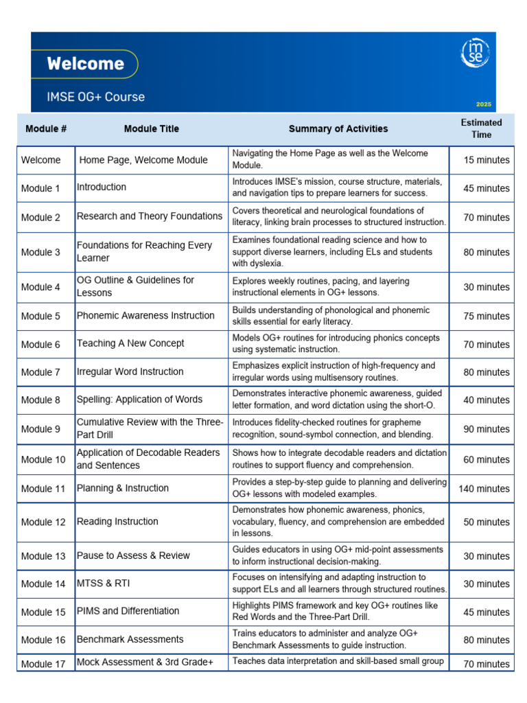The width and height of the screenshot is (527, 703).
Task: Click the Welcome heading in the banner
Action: [x=85, y=65]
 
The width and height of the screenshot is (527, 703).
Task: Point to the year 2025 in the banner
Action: [x=483, y=104]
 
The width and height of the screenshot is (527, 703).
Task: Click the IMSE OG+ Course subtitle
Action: [x=95, y=97]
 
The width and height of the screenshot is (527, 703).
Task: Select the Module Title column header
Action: [x=151, y=128]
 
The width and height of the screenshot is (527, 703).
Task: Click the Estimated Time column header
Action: [x=481, y=128]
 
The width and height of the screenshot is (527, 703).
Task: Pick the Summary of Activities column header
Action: [x=338, y=128]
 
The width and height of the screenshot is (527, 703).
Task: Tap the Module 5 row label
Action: [x=40, y=316]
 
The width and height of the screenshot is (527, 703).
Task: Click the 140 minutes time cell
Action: [x=484, y=489]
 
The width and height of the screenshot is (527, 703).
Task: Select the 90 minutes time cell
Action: [x=486, y=429]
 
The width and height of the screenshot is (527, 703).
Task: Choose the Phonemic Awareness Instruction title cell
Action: [x=145, y=316]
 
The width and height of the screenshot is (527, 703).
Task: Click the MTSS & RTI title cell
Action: [x=103, y=584]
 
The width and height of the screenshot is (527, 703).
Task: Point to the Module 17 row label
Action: [x=43, y=664]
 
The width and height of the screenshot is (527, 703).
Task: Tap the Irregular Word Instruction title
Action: [x=130, y=371]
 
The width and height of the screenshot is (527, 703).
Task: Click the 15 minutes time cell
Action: [x=486, y=160]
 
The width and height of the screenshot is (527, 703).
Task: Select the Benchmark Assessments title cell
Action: [x=130, y=639]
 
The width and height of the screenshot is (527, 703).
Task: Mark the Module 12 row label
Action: [x=43, y=522]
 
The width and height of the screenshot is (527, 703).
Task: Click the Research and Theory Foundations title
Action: [x=149, y=216]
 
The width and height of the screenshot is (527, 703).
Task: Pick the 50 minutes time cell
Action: [x=486, y=522]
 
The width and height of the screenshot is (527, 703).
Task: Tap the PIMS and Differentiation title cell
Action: [x=128, y=611]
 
